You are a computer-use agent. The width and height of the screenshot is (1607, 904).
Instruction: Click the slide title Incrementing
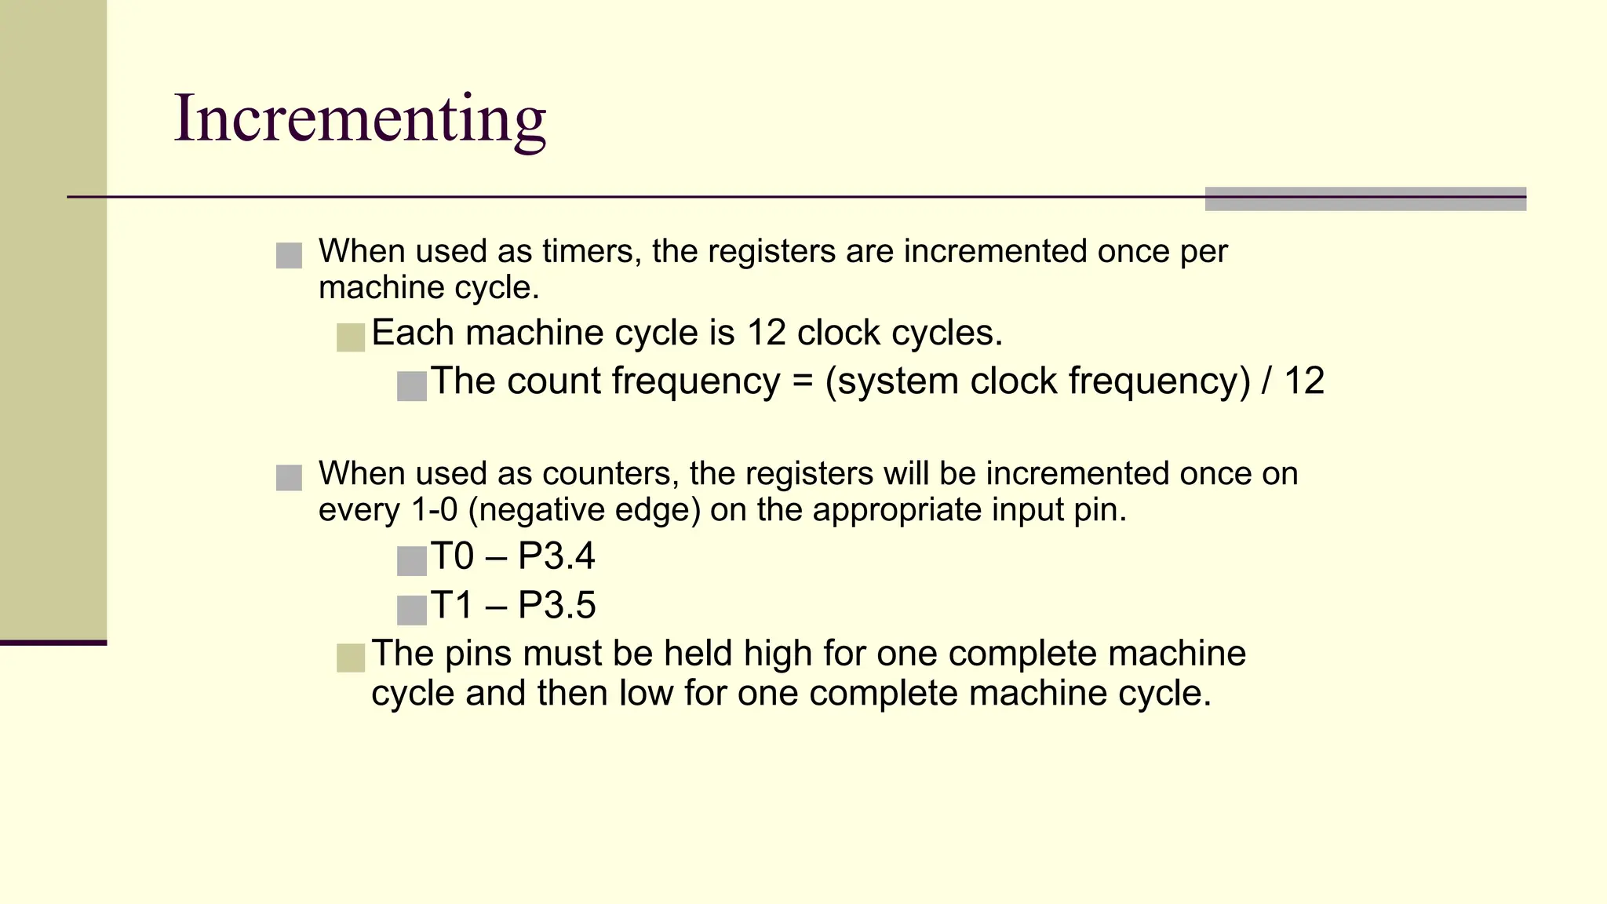[x=359, y=119]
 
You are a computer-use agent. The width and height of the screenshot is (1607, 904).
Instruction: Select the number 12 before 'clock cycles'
[x=766, y=334]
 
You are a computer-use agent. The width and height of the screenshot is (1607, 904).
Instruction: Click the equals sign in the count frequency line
[x=801, y=382]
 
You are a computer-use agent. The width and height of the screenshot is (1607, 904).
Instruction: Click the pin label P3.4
[x=556, y=557]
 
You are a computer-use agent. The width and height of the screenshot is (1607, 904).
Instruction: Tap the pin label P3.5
[x=556, y=606]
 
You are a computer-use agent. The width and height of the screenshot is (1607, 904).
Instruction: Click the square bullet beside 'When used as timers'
[x=289, y=255]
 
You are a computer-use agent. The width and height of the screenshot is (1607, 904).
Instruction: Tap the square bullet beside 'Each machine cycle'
[x=351, y=337]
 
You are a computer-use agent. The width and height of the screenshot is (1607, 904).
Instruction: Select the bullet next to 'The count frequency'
[x=412, y=386]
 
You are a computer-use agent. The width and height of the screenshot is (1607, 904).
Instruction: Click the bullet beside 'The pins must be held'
[x=351, y=658]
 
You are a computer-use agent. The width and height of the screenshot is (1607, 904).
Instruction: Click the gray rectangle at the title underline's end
[x=1365, y=199]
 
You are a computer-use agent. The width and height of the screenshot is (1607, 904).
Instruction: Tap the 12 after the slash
[x=1304, y=382]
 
